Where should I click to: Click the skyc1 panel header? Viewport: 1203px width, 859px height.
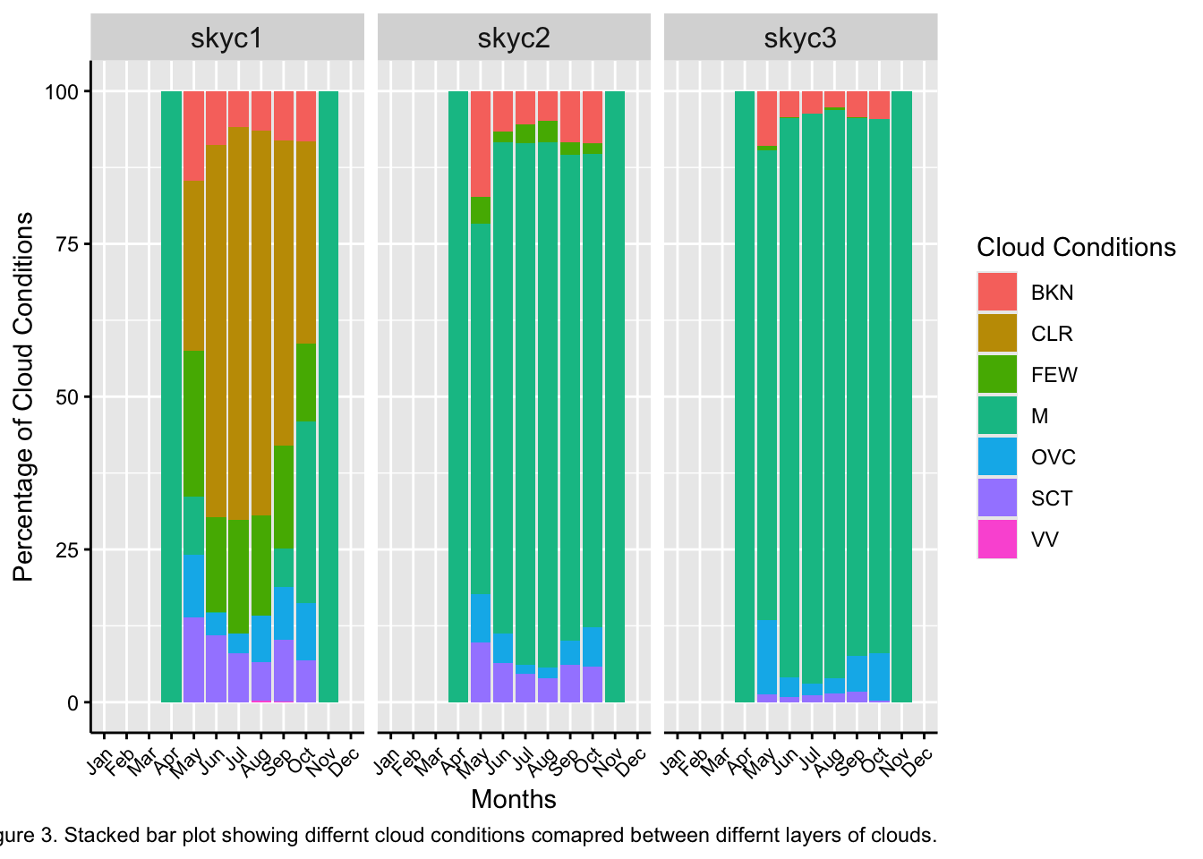[x=226, y=38]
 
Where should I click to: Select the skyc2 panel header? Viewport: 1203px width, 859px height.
[x=514, y=38]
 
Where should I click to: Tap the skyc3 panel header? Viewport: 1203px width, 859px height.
[x=800, y=38]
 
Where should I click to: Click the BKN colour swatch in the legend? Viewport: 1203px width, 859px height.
[x=997, y=293]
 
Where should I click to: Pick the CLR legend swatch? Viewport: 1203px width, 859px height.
[x=997, y=334]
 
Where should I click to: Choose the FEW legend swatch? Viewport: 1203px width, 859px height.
[x=997, y=375]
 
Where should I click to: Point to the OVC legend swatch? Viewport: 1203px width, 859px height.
[x=997, y=457]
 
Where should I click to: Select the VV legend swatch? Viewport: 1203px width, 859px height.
[x=997, y=540]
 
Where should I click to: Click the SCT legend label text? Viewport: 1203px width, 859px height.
[x=1052, y=498]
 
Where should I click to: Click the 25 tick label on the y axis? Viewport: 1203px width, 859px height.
[x=67, y=550]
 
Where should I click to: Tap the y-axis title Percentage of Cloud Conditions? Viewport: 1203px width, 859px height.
[x=23, y=396]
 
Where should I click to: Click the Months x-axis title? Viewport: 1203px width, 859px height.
[x=514, y=799]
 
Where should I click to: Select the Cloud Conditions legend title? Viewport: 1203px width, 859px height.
[x=1076, y=247]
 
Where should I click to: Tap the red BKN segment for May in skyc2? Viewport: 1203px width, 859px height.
[x=481, y=143]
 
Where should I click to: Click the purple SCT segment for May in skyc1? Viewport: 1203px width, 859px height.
[x=194, y=659]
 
